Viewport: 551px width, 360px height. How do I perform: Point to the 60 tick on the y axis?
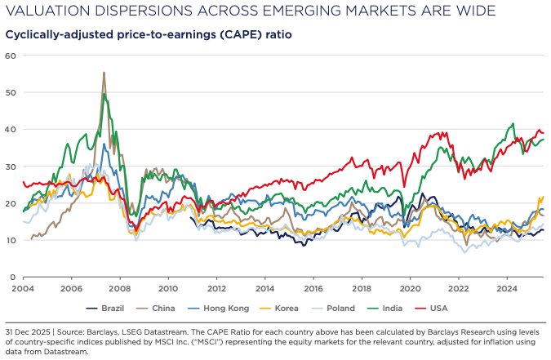tap(11, 56)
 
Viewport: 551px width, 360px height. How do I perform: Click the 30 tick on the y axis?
tap(11, 167)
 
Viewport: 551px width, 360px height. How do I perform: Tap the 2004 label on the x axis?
tap(23, 288)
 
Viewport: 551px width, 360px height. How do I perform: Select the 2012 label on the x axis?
tap(216, 288)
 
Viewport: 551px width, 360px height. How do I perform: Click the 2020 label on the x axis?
tap(410, 288)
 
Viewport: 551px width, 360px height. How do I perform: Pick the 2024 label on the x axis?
tap(506, 288)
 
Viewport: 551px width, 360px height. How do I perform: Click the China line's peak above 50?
tap(104, 73)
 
